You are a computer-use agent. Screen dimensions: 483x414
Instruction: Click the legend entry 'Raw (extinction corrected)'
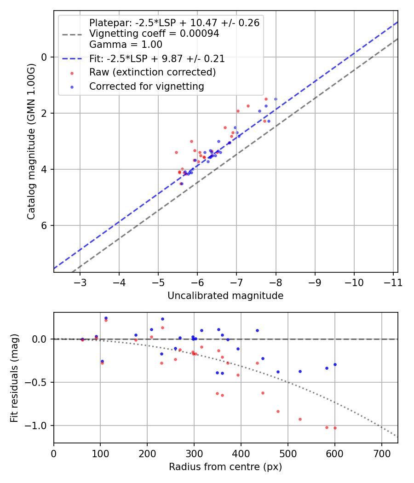152,72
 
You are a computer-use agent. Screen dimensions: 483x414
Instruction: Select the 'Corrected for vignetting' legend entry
146,86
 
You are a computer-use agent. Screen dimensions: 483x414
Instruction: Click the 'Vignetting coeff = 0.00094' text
154,34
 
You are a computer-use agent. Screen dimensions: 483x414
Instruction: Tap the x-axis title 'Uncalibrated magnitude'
225,296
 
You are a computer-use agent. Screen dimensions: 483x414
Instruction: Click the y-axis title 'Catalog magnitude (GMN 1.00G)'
31,141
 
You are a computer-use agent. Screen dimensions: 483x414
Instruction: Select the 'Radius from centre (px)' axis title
225,467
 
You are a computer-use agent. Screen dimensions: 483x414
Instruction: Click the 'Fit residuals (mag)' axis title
15,378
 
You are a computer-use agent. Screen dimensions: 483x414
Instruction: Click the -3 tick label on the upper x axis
80,282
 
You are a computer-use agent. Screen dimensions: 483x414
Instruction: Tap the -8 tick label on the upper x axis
276,282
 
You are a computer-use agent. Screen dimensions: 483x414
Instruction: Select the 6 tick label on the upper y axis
45,225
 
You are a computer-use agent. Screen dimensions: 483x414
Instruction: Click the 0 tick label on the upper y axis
45,57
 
